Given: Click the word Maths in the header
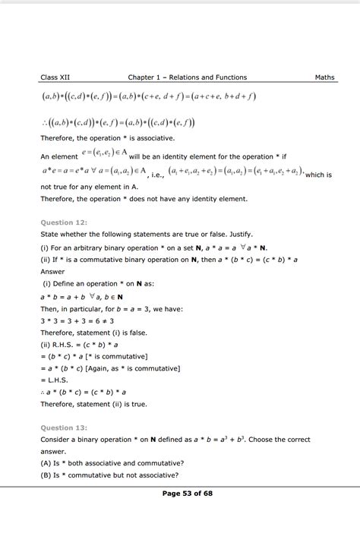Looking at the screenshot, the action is point(324,77).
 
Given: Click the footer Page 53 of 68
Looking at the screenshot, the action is point(188,536).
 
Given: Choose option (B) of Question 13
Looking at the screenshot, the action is point(110,476).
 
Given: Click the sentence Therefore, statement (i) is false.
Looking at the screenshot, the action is point(95,333).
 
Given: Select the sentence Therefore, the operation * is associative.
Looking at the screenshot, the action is point(107,138).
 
